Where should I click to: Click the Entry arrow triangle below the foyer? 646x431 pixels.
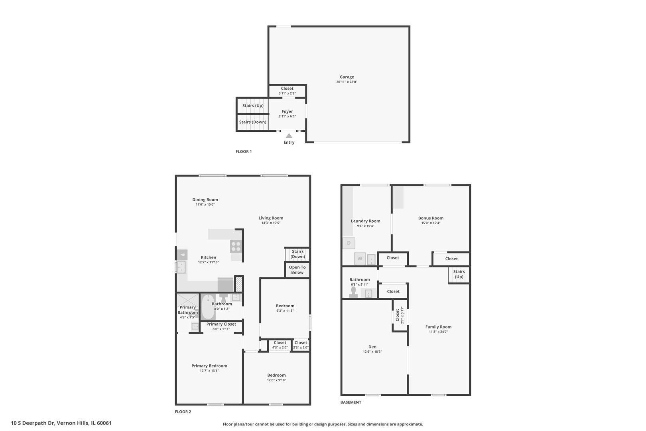(289, 136)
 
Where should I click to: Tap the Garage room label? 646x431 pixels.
(347, 77)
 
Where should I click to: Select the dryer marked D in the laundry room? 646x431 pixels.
(349, 243)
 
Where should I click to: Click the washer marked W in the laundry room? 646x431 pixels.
(360, 259)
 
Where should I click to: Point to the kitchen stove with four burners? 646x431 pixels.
(236, 247)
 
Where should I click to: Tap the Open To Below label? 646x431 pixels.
(297, 270)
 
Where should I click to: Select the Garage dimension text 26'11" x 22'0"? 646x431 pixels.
(347, 82)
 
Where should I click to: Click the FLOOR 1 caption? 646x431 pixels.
(244, 152)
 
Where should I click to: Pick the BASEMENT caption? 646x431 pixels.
(351, 402)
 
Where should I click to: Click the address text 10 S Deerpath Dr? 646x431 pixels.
(33, 423)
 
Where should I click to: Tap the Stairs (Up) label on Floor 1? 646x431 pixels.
(253, 106)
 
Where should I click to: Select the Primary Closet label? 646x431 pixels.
(221, 324)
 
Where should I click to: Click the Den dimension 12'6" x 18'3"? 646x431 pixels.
(372, 352)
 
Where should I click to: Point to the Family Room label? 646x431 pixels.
(438, 327)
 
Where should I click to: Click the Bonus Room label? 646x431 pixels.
(431, 218)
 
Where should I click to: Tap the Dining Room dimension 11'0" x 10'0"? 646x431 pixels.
(205, 205)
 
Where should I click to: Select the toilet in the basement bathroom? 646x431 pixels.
(354, 292)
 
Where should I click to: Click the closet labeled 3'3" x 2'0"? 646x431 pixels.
(301, 345)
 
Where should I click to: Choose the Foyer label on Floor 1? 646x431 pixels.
(287, 111)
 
